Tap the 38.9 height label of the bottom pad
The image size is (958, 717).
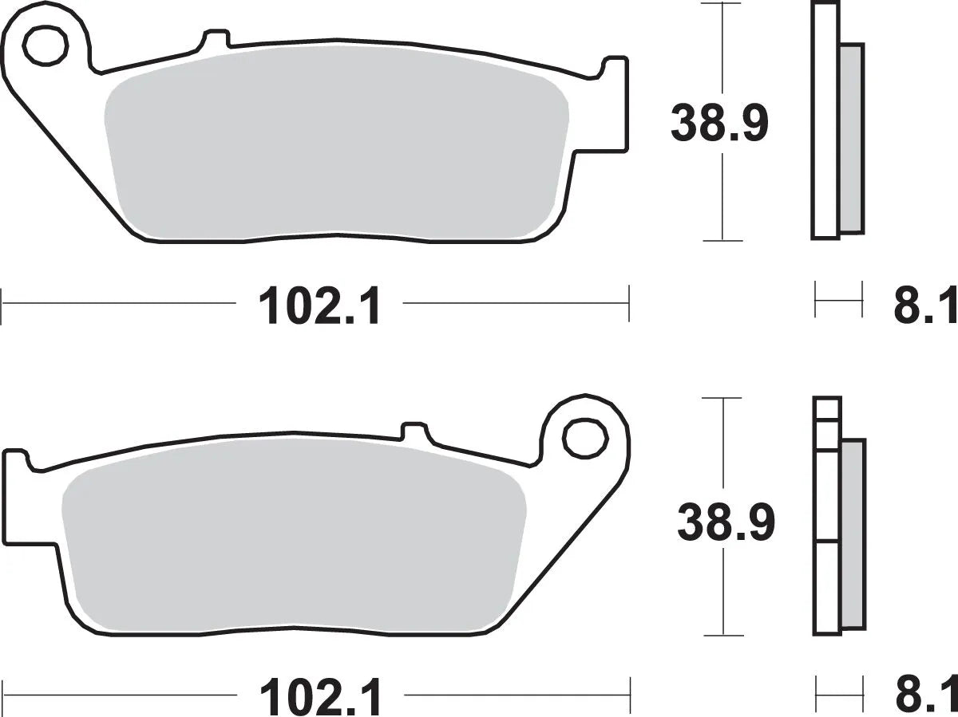725,523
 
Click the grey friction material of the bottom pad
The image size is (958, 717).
295,542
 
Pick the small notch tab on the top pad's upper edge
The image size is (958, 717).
216,38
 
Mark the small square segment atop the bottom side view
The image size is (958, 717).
827,408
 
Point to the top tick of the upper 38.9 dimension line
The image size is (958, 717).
722,4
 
